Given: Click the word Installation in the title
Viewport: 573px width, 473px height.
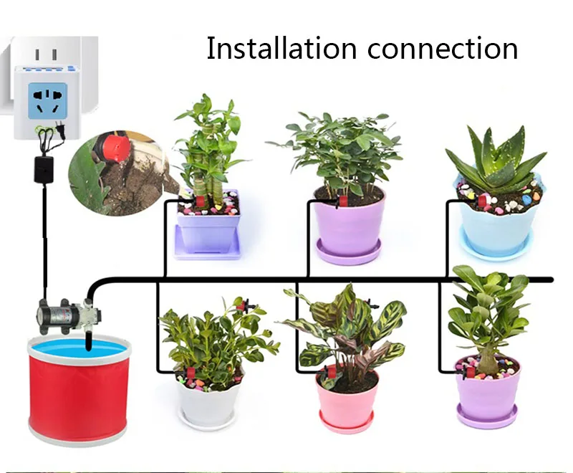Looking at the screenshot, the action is [x=281, y=48].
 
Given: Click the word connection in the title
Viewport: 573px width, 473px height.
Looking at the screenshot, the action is [x=443, y=49].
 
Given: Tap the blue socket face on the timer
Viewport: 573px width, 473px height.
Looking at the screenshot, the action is [x=48, y=101].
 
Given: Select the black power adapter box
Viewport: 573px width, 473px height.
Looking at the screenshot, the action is [x=44, y=170].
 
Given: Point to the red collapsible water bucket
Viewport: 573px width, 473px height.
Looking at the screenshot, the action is [x=79, y=391].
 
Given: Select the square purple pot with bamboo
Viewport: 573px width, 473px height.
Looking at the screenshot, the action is [x=208, y=224].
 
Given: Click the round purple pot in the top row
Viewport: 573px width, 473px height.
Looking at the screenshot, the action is [x=348, y=226].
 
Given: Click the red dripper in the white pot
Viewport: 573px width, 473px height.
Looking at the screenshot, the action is [x=191, y=373].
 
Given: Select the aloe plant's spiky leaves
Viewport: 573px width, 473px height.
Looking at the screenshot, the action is [x=494, y=157].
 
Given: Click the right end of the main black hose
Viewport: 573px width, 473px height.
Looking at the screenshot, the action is [x=552, y=280].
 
